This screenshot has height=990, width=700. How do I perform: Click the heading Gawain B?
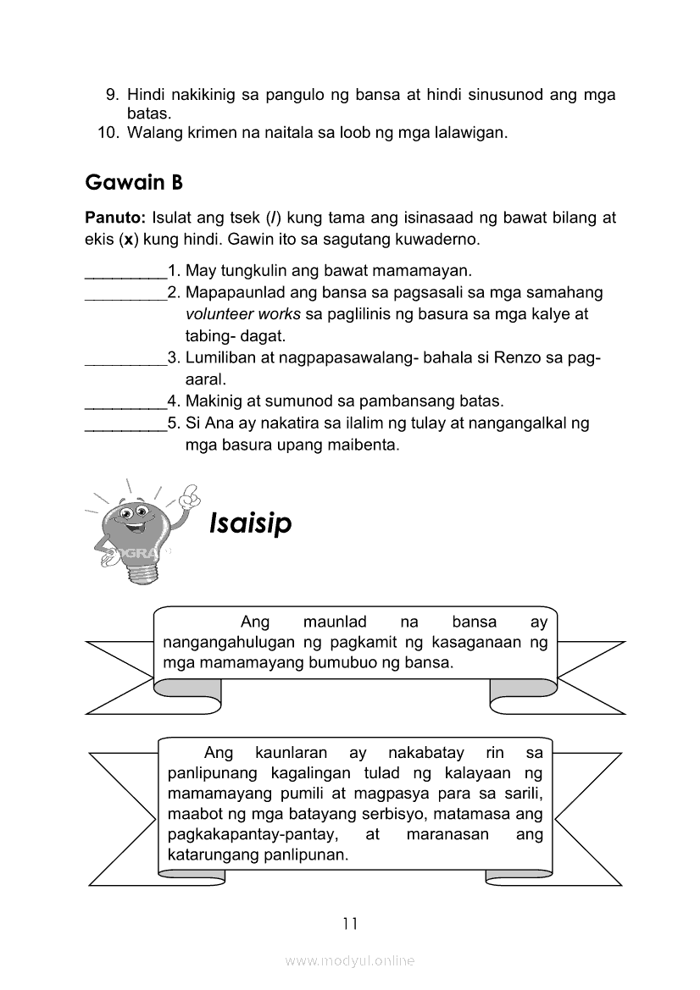point(134,182)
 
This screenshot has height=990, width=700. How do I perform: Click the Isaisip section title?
point(250,523)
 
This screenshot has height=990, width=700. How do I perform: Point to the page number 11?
point(350,924)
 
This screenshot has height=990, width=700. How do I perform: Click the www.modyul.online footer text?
point(350,961)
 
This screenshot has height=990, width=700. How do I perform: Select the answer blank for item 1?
point(125,273)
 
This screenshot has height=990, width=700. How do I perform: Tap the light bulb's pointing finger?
point(192,491)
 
